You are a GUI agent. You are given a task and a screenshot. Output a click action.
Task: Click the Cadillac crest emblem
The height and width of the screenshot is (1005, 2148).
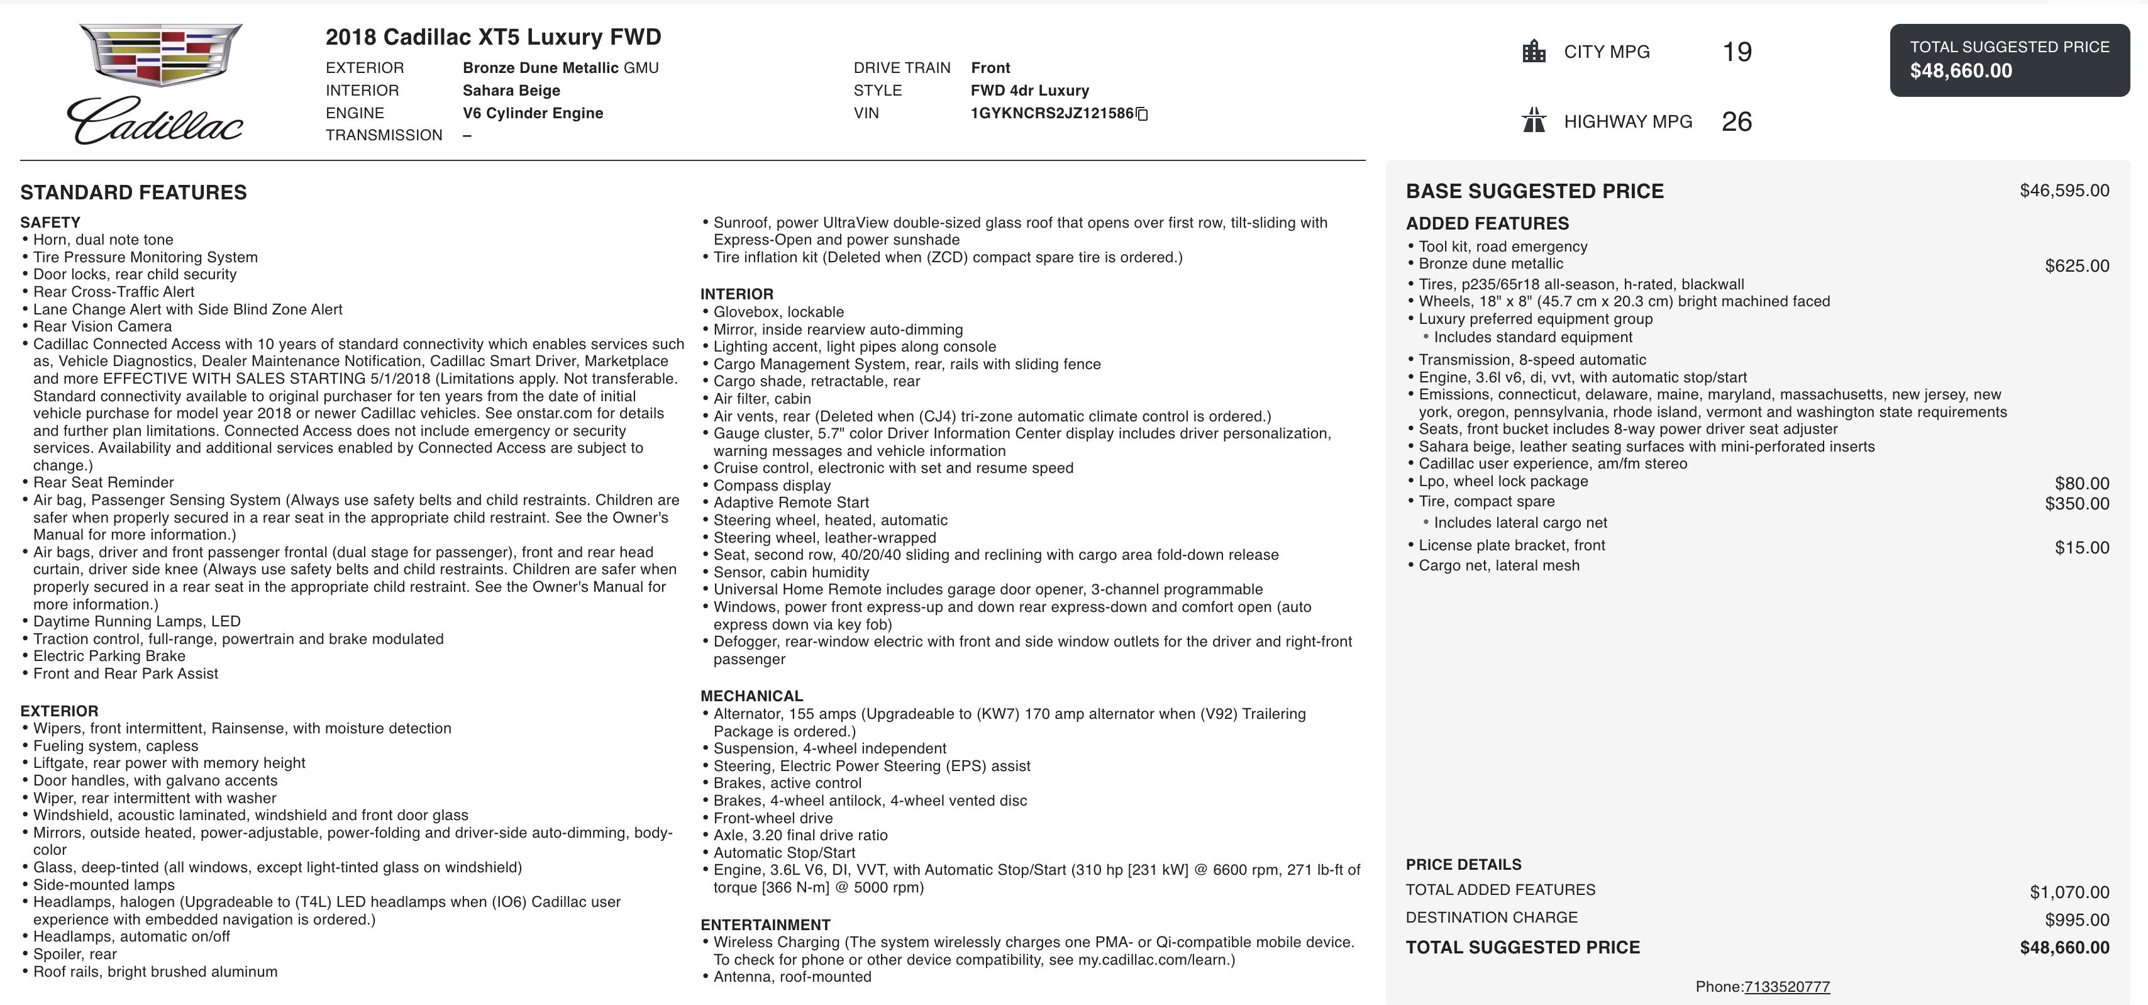point(160,55)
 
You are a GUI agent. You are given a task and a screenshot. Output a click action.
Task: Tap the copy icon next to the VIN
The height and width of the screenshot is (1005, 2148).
point(1143,114)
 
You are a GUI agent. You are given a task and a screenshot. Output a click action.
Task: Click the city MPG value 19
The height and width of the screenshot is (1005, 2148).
point(1737,52)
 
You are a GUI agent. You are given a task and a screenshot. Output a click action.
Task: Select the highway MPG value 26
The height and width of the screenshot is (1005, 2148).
point(1736,122)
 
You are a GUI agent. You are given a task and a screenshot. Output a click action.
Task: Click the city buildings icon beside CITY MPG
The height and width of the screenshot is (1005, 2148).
point(1534,52)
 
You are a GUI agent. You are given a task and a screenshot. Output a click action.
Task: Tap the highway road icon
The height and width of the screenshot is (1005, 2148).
point(1534,121)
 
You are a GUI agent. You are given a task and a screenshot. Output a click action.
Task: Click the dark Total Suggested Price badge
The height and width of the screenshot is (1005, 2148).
point(2009,60)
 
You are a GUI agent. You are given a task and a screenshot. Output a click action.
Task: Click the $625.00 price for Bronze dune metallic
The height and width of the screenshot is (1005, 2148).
point(2076,266)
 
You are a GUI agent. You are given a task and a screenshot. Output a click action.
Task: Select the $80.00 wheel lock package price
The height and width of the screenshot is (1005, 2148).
point(2081,484)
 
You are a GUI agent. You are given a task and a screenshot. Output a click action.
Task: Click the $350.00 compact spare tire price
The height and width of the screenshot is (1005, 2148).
point(2076,504)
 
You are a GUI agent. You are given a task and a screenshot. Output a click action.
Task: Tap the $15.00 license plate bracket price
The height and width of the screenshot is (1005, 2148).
point(2081,548)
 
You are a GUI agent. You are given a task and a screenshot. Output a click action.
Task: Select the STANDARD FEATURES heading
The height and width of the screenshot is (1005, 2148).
point(133,192)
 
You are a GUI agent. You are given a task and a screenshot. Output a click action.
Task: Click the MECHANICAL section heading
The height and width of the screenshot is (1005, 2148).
point(751,696)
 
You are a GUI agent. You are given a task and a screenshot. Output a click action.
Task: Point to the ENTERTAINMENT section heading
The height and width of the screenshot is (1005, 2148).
point(765,924)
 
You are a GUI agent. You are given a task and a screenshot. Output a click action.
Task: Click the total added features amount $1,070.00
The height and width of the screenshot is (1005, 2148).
point(2069,892)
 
